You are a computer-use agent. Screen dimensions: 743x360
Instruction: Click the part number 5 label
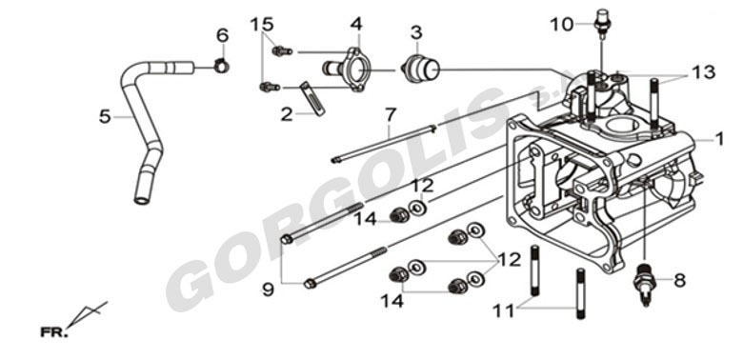tap(105, 116)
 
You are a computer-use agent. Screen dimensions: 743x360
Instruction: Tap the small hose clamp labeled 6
tap(221, 66)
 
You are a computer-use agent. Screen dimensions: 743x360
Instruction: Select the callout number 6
tap(222, 35)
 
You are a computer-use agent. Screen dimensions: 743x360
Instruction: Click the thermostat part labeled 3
tap(421, 70)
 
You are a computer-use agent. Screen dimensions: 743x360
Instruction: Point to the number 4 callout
tap(356, 24)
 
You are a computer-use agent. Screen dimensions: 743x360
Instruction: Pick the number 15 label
tap(262, 24)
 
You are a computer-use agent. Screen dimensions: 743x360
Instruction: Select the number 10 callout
tap(562, 24)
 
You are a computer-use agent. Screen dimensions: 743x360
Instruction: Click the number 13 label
tap(703, 72)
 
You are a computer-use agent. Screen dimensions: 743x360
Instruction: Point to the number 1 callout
tap(720, 139)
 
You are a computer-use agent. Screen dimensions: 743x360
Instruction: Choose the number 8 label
tap(679, 280)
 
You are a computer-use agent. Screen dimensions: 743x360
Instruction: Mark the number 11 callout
tap(503, 310)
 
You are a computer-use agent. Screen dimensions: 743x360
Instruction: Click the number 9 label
tap(269, 290)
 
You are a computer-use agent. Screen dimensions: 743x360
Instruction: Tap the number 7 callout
tap(390, 115)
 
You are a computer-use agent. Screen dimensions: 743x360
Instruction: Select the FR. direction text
tap(54, 332)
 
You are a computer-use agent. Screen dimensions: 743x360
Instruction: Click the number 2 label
tap(286, 114)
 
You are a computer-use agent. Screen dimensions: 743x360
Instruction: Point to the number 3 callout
tap(416, 32)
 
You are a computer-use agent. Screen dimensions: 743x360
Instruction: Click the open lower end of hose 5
tap(142, 200)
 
